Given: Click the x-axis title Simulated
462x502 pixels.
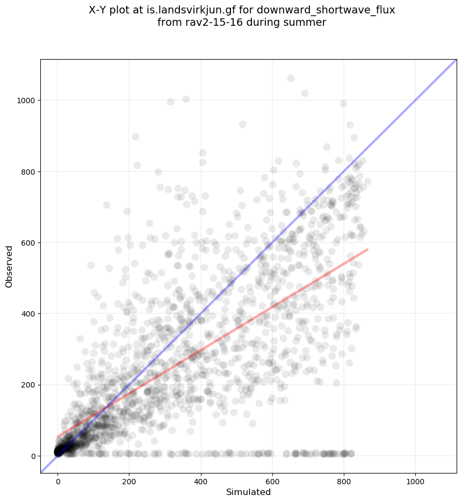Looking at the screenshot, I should (x=248, y=492).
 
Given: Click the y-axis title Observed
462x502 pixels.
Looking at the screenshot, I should (x=9, y=266).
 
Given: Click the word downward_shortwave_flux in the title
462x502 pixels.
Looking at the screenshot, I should (x=336, y=10).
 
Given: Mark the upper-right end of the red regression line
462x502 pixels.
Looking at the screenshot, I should (x=367, y=249).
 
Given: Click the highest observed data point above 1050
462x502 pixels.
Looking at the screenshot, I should (x=291, y=78).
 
